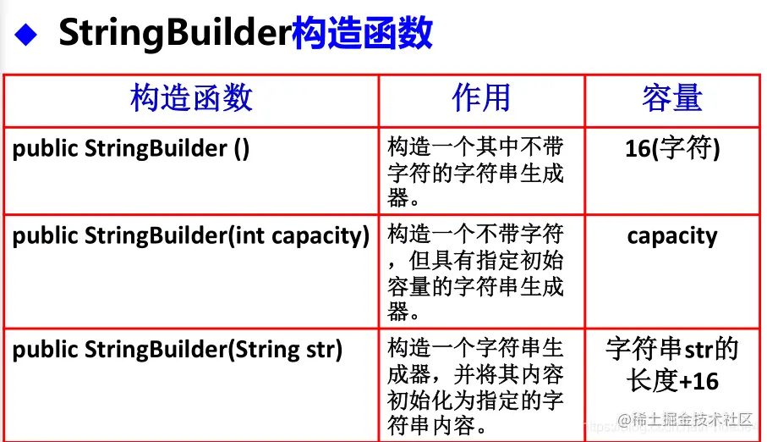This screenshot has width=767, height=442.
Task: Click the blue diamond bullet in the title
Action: (29, 35)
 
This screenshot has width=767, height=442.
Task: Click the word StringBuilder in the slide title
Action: (175, 34)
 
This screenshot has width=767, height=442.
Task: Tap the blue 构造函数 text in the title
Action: (362, 34)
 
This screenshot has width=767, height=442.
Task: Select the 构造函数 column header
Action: (191, 98)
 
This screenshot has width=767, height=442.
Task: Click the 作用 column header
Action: (481, 98)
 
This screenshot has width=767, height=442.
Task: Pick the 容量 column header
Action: (672, 98)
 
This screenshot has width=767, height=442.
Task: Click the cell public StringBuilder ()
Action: (131, 149)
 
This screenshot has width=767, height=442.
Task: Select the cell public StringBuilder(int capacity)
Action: (191, 235)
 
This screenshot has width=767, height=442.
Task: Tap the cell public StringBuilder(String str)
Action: (178, 349)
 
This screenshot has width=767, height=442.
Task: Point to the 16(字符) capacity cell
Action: (672, 149)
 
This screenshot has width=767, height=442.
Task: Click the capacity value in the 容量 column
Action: (672, 235)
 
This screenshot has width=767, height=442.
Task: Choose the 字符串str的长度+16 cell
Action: (672, 364)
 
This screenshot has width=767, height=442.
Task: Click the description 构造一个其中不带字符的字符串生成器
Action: (475, 172)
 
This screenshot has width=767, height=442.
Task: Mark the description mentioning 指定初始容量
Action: (475, 273)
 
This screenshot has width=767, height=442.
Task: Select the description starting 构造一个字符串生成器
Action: (475, 385)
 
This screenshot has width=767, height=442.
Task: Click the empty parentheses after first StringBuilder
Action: (241, 149)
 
